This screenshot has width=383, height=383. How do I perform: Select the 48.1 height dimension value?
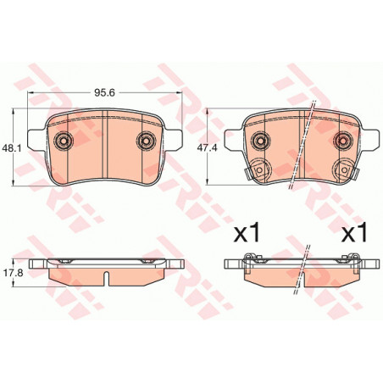[12, 148]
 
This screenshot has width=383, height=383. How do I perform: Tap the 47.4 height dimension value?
[207, 148]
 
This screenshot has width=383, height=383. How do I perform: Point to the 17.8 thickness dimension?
[12, 273]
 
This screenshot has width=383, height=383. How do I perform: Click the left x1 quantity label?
[247, 232]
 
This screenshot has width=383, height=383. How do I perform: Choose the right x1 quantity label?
[354, 232]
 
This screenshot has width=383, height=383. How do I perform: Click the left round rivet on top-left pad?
[64, 140]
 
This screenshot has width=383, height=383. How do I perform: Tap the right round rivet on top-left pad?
[146, 140]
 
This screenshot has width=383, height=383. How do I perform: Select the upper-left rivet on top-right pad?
[261, 140]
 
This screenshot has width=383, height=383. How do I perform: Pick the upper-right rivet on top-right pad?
[342, 140]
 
